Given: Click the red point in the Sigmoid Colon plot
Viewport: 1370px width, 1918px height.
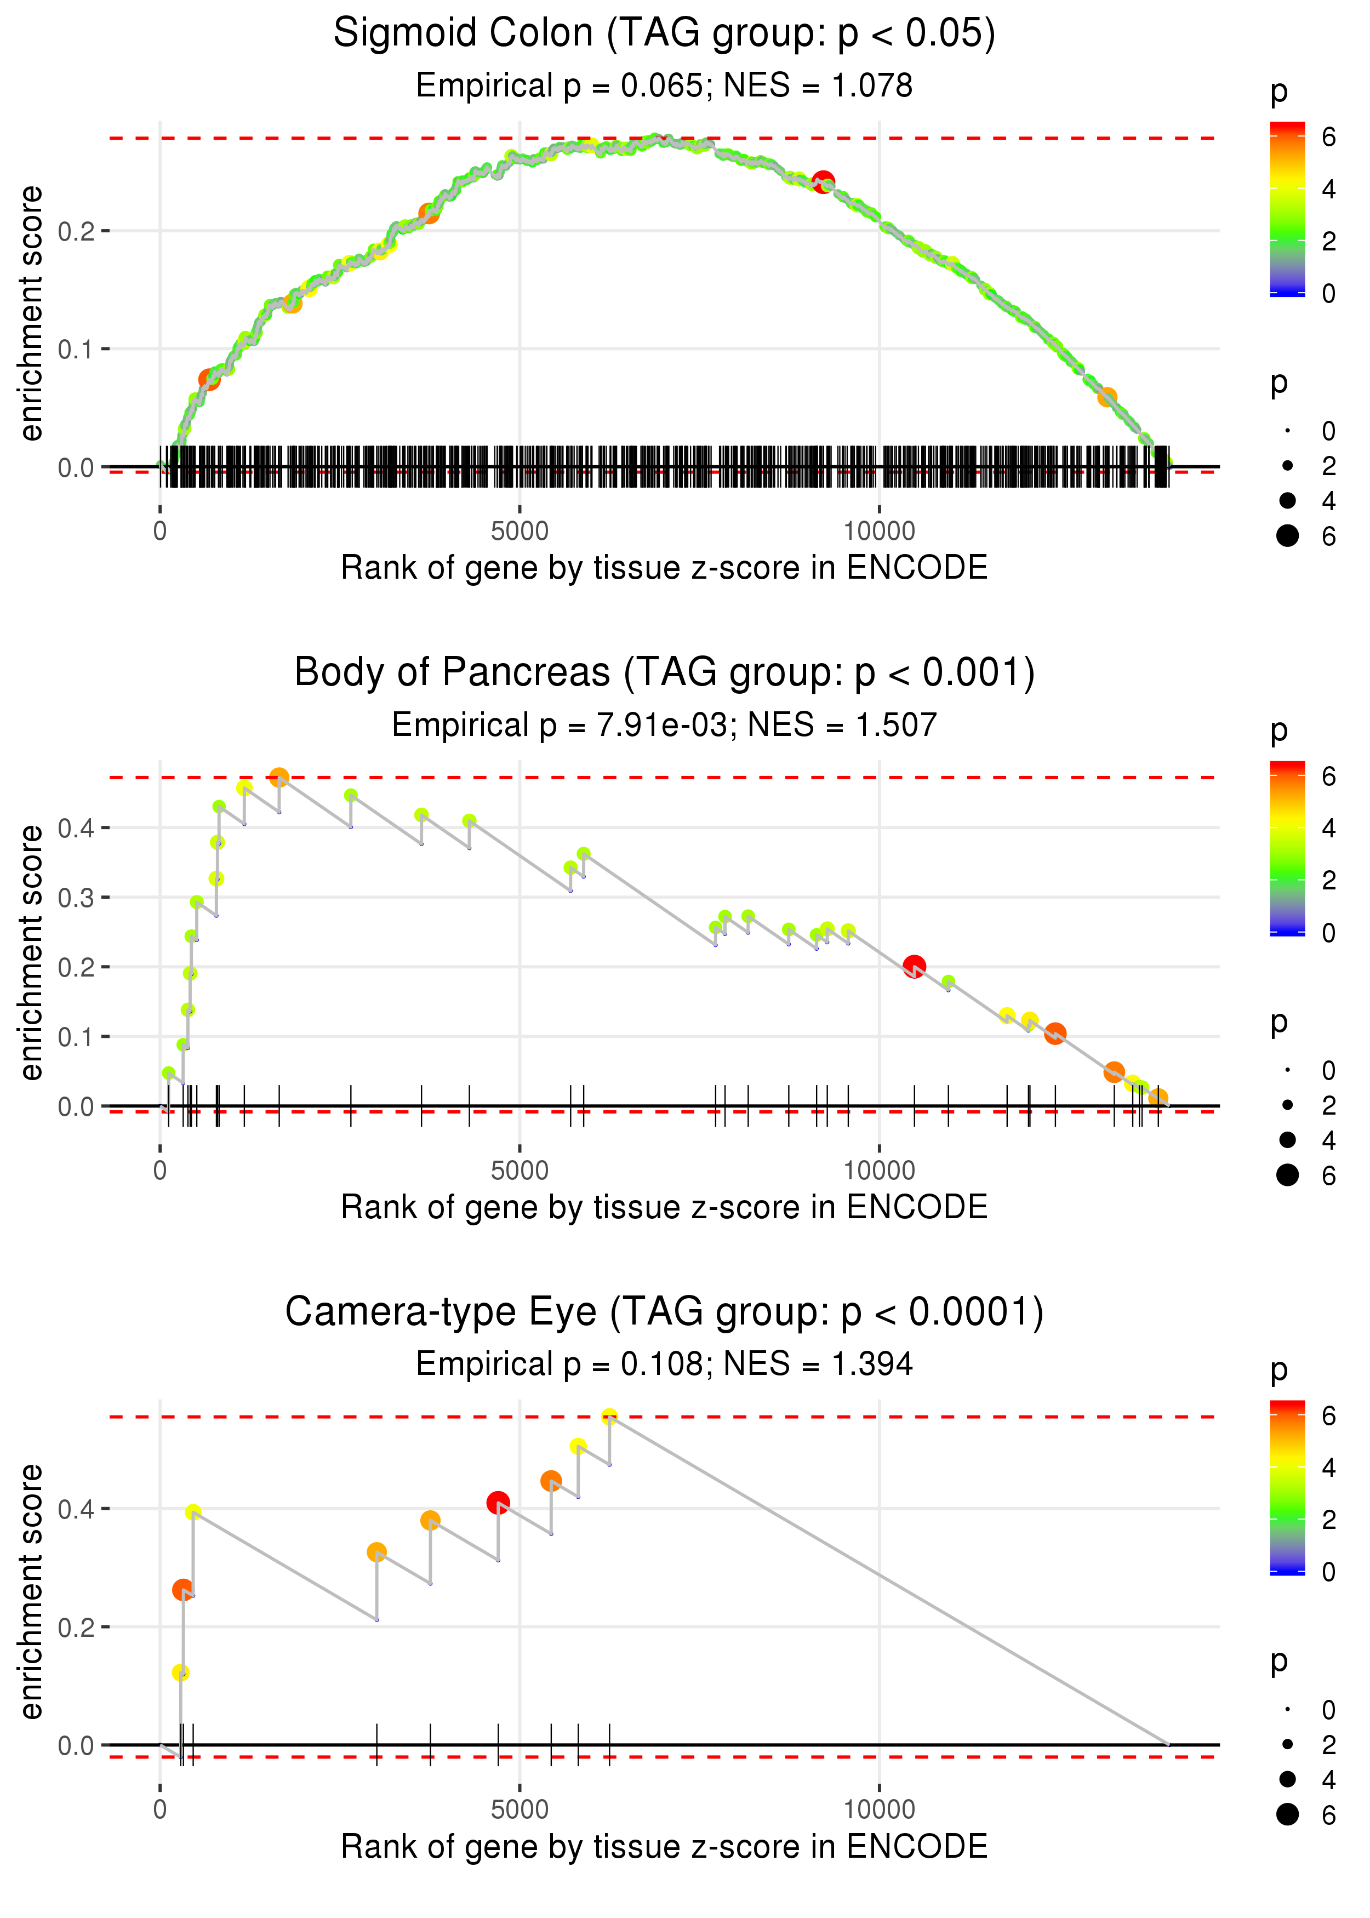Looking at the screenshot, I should pyautogui.click(x=823, y=181).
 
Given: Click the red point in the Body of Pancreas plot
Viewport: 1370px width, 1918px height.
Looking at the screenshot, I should pyautogui.click(x=914, y=967).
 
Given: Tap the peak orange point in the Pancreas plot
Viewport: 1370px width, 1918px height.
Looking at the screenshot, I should pyautogui.click(x=279, y=777).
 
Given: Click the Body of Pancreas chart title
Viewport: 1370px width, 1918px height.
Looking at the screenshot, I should pyautogui.click(x=664, y=673).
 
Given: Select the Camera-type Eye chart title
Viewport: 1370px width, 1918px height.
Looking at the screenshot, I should pyautogui.click(x=664, y=1312).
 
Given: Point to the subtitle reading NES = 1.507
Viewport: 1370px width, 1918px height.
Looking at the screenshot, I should pyautogui.click(x=842, y=726).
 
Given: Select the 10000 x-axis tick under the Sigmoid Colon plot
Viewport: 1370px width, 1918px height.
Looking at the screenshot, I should pyautogui.click(x=879, y=532).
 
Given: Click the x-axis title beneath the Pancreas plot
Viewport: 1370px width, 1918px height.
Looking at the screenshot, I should pyautogui.click(x=664, y=1208).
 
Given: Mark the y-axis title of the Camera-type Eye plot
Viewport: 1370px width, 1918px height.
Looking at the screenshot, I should pyautogui.click(x=31, y=1591).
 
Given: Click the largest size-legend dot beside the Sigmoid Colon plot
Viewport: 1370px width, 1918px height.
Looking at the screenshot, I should pyautogui.click(x=1287, y=535).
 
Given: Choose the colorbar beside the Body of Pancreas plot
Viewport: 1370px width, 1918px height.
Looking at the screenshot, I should pyautogui.click(x=1287, y=848).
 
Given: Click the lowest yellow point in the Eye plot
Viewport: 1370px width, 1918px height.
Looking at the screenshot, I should pyautogui.click(x=180, y=1672).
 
